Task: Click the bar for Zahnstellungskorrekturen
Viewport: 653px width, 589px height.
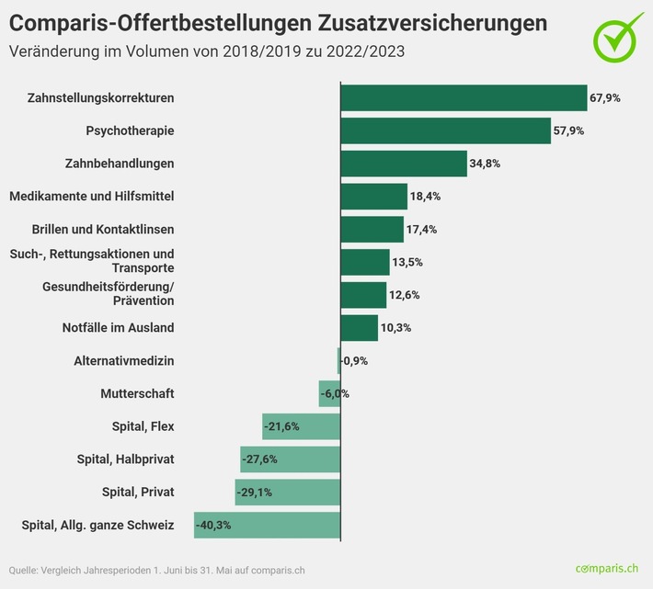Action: pyautogui.click(x=464, y=97)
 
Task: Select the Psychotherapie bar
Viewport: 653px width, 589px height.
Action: pyautogui.click(x=445, y=130)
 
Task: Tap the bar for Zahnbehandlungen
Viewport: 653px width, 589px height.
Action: pyautogui.click(x=404, y=164)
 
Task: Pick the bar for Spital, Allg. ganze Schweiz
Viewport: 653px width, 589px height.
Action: pyautogui.click(x=267, y=525)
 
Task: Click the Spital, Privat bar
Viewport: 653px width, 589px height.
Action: pyautogui.click(x=288, y=492)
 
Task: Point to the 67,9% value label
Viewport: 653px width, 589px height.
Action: pyautogui.click(x=604, y=97)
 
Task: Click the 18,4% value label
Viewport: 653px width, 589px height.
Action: pyautogui.click(x=426, y=197)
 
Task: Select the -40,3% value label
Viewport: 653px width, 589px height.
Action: pyautogui.click(x=212, y=525)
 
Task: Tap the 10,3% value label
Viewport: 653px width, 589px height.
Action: pyautogui.click(x=396, y=328)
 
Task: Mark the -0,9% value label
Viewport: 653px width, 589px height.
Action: pyautogui.click(x=355, y=361)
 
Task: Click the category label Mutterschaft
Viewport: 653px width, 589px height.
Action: pyautogui.click(x=137, y=393)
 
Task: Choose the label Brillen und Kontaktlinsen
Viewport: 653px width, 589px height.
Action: pyautogui.click(x=103, y=229)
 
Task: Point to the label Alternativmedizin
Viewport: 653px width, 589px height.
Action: pyautogui.click(x=124, y=361)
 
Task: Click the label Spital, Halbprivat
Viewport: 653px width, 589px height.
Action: pyautogui.click(x=124, y=459)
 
